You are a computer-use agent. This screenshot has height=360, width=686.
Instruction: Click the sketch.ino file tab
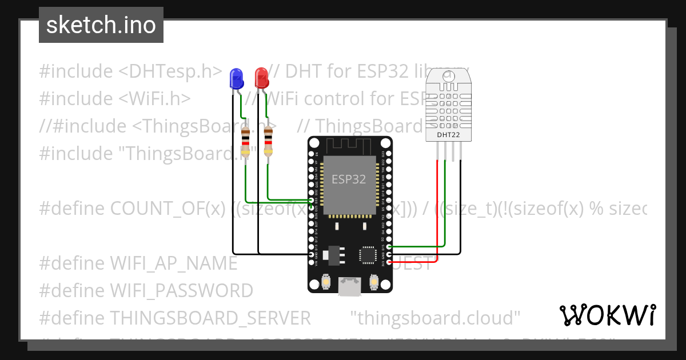[101, 25]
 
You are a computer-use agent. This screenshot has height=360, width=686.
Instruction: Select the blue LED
[236, 78]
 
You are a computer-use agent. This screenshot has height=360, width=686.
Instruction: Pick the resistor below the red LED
[268, 142]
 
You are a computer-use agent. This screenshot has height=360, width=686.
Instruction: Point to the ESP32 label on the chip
[349, 179]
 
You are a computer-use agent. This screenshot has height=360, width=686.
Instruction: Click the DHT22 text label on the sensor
[448, 135]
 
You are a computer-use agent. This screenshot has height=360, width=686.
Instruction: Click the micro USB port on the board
[350, 287]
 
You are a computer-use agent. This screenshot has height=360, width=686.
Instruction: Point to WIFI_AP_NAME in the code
[173, 263]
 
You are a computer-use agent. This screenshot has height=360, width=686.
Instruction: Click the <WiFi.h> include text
[154, 99]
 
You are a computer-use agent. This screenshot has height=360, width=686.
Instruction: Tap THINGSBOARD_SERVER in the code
[210, 317]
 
